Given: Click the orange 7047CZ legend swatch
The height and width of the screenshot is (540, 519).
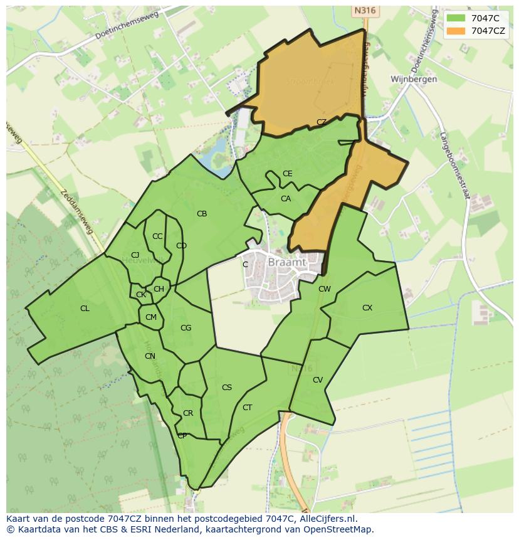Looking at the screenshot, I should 456,31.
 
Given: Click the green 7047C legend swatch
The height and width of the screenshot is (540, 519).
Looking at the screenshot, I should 456,18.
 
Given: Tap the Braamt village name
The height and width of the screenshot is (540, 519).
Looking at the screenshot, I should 287,263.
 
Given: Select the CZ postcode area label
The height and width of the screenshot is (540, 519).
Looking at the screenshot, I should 322,122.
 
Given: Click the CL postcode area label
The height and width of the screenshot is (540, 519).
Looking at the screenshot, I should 85,309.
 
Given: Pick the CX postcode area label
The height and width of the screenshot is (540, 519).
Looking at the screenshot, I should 367,308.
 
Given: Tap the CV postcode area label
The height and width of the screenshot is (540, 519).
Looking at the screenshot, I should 318,380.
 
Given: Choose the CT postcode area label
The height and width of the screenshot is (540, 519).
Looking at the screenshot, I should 247,408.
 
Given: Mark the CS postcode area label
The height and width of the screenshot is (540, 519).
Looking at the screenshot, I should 227,388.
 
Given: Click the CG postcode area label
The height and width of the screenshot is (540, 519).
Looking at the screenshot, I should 186,328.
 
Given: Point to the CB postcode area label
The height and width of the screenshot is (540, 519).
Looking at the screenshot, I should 202,214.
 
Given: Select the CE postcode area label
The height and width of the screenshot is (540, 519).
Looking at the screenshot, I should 288,174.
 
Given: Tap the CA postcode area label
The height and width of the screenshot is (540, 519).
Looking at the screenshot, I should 286,199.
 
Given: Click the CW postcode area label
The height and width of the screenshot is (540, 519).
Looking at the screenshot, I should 324,289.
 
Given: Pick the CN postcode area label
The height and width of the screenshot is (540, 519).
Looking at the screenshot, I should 150,356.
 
